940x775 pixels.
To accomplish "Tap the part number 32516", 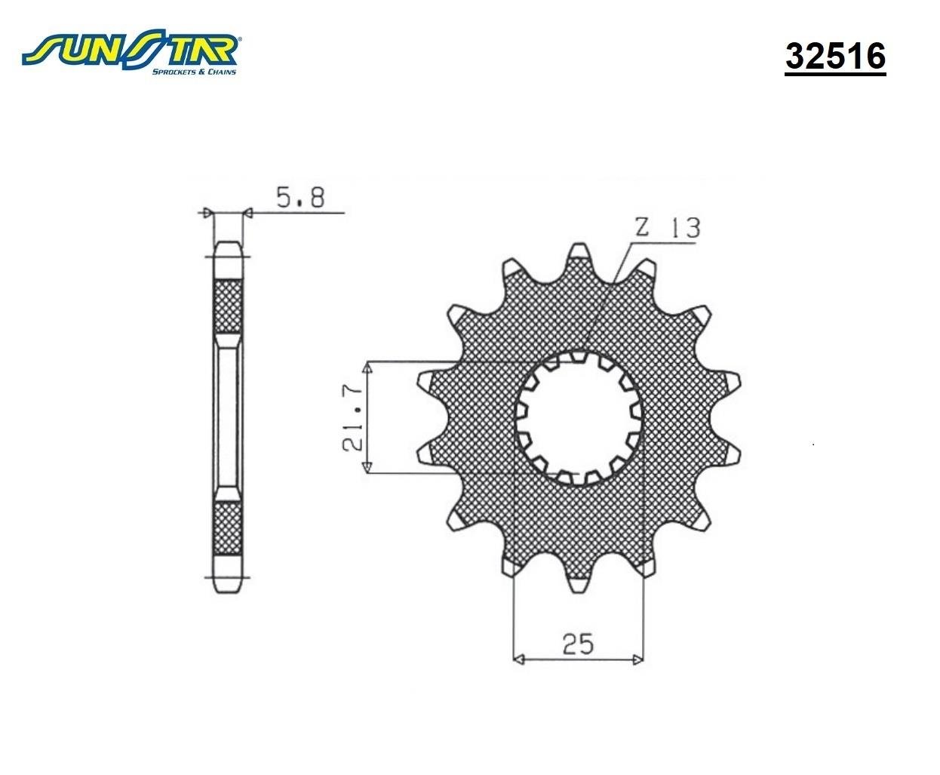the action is pyautogui.click(x=835, y=57).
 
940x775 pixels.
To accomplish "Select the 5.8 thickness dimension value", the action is pyautogui.click(x=300, y=198).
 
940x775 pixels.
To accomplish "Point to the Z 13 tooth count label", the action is pyautogui.click(x=668, y=228).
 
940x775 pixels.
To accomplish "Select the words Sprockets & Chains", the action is pyautogui.click(x=194, y=72).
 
